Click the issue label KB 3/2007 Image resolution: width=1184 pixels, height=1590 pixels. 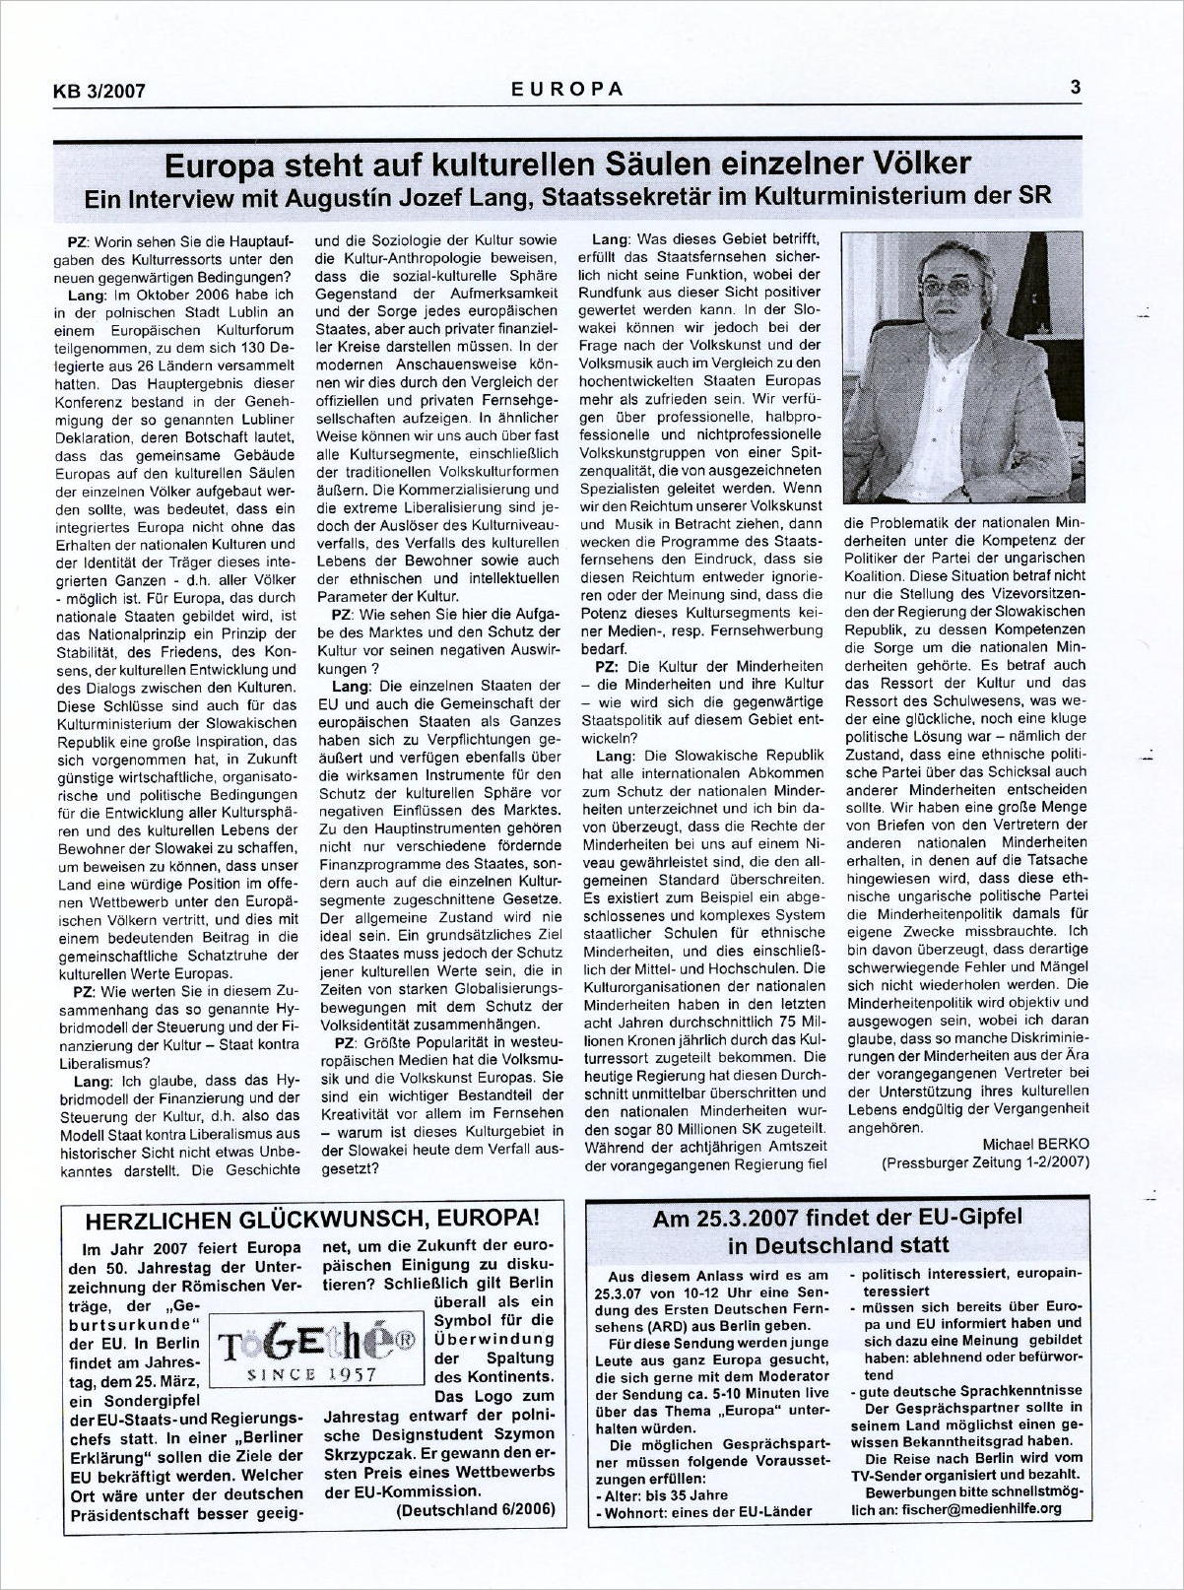(99, 92)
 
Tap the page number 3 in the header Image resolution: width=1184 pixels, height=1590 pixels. (1076, 87)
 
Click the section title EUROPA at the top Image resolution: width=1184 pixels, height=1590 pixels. (567, 88)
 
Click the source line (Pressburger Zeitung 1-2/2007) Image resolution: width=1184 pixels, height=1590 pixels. (985, 1162)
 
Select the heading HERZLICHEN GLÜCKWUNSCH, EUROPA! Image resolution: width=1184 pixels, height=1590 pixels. (311, 1219)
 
